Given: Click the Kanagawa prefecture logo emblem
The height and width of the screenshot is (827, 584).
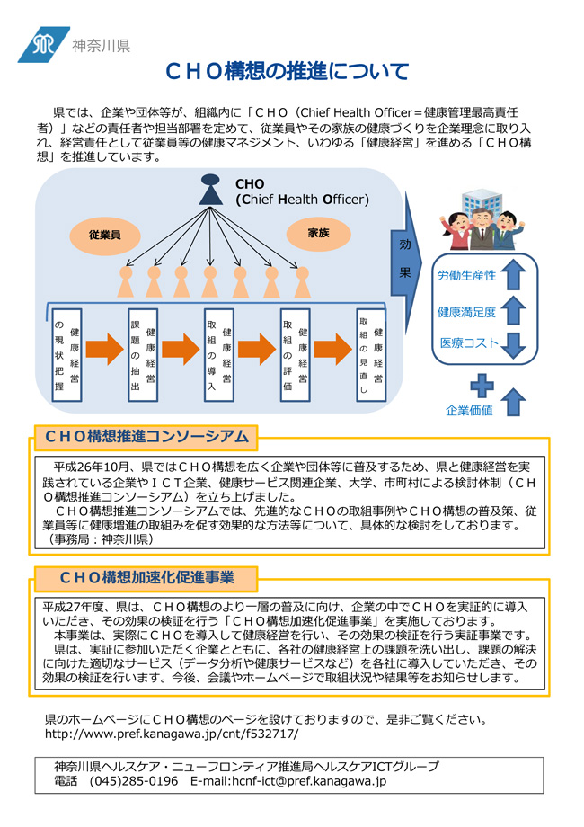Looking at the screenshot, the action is tap(43, 45).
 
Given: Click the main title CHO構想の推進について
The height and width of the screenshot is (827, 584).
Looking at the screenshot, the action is tap(287, 71).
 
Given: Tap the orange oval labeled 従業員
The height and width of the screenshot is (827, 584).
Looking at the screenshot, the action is tap(105, 236).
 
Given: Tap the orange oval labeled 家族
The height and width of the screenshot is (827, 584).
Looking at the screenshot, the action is tap(318, 233).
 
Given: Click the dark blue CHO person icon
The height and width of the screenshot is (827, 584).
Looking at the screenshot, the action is tap(210, 190).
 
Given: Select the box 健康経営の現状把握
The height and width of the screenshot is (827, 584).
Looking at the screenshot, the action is tap(67, 355).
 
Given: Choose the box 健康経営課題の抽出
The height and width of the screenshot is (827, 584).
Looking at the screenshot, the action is tap(143, 355).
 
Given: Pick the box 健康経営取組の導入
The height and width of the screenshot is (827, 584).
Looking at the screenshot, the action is tap(219, 355).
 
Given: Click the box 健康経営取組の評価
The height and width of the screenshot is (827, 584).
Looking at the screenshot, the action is tap(296, 355).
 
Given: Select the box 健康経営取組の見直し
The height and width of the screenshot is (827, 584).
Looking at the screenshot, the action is tap(371, 355).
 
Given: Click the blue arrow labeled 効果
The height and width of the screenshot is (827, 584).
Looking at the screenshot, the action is tap(405, 262).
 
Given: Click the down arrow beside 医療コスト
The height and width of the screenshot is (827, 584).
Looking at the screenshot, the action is tap(513, 345).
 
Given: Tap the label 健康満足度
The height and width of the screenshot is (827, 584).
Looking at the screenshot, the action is tap(466, 312).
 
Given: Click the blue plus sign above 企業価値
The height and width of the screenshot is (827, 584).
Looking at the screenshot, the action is tap(482, 386).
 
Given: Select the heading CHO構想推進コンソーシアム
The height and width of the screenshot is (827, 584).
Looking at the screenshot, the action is tap(146, 437).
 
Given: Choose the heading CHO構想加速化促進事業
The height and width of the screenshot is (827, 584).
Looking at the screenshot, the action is tap(146, 577).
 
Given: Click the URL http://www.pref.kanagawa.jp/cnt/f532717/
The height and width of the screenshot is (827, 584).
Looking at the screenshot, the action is tap(172, 734).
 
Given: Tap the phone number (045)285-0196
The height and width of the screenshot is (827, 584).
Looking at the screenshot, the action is tap(133, 781).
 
